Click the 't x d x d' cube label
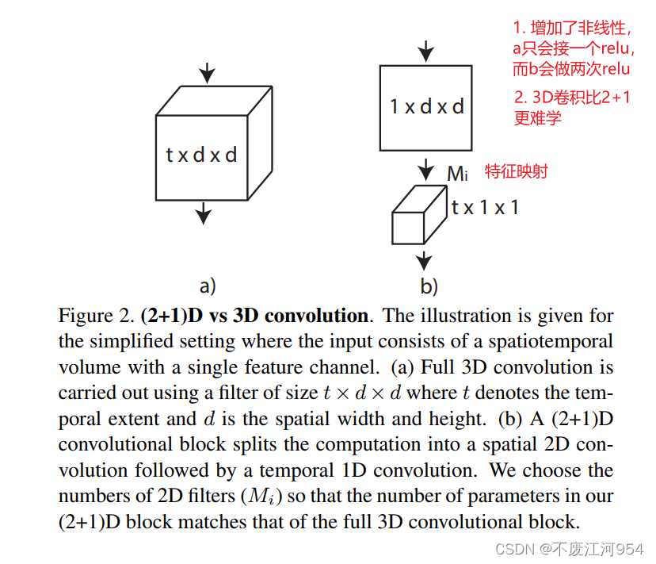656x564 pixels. [x=201, y=154]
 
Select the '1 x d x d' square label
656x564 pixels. [x=426, y=106]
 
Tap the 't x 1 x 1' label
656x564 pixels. [x=485, y=208]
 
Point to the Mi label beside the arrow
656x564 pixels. [x=458, y=173]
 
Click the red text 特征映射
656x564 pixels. [x=517, y=171]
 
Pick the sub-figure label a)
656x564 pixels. [x=207, y=285]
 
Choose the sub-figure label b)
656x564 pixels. [x=428, y=286]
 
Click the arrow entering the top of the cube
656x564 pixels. [x=207, y=74]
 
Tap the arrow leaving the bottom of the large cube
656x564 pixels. [x=204, y=212]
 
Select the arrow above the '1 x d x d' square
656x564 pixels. [x=426, y=51]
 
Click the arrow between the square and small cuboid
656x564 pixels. [x=426, y=168]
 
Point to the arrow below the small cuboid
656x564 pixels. [x=425, y=259]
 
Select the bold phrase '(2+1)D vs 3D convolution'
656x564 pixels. [x=254, y=316]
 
